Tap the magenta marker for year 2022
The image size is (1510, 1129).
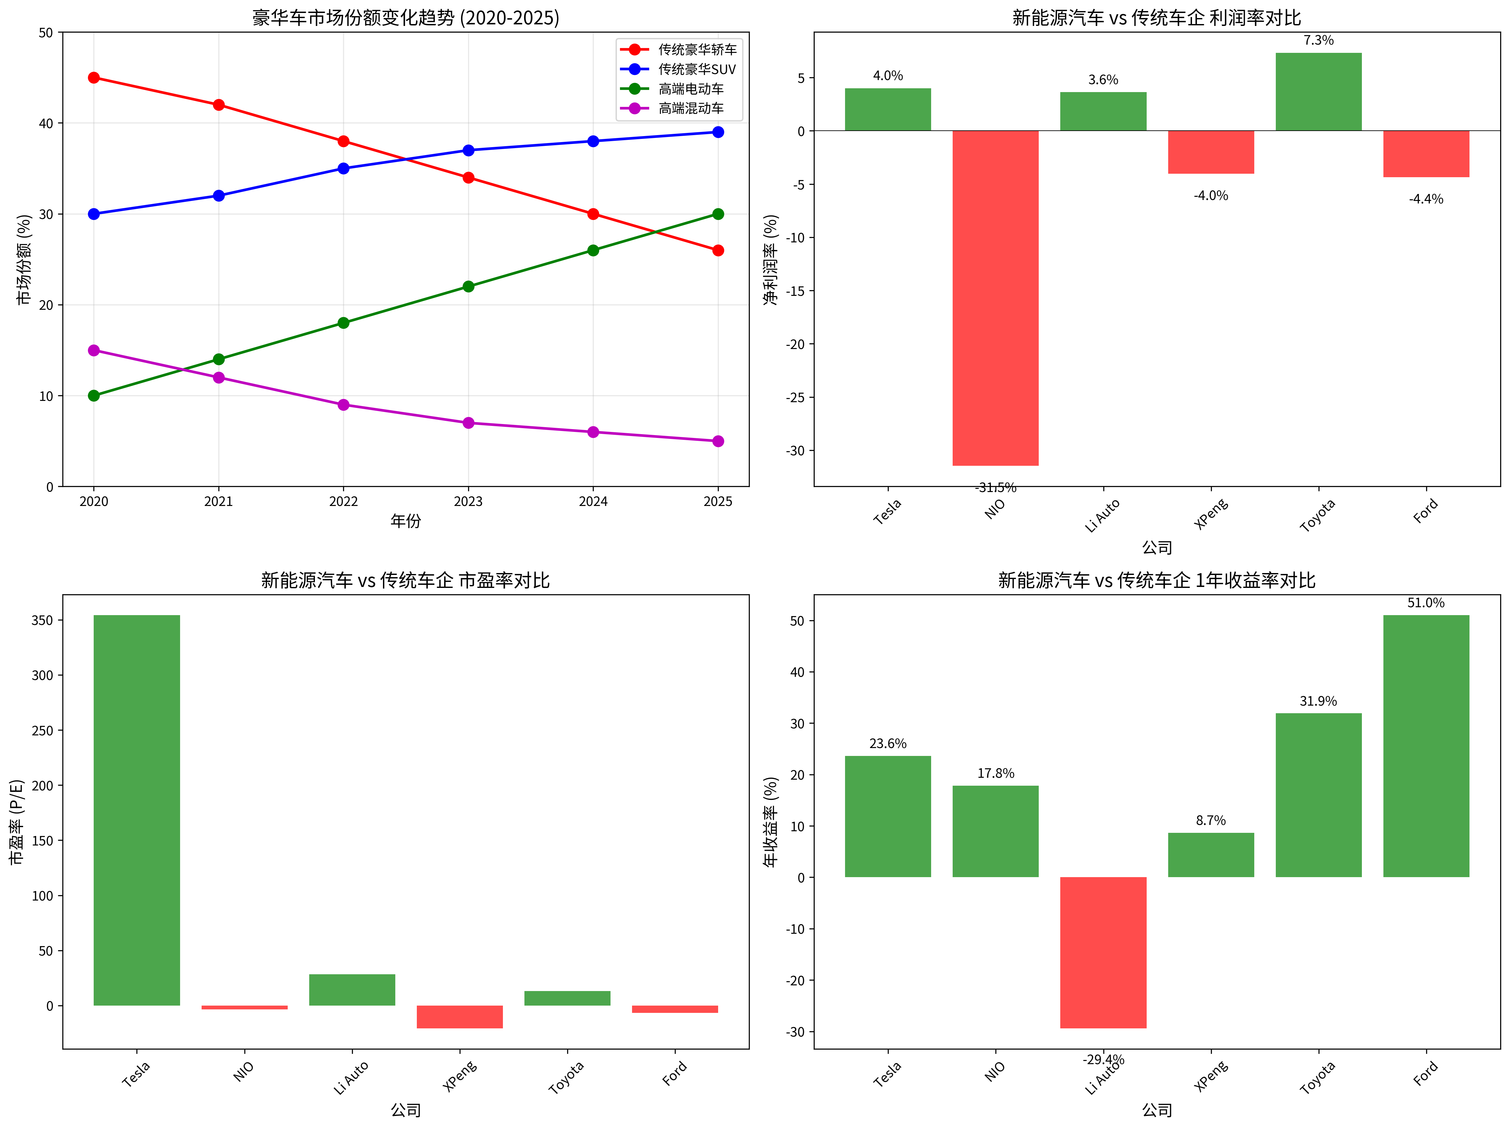point(343,405)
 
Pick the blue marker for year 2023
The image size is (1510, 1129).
point(468,150)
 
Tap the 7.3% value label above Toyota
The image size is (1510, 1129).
point(1318,40)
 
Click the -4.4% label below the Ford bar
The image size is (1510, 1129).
point(1426,199)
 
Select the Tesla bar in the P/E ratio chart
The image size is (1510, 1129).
point(136,810)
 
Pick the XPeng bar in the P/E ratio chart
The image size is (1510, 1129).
point(460,1016)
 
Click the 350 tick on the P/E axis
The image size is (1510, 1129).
point(42,621)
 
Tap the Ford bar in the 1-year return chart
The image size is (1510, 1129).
point(1426,746)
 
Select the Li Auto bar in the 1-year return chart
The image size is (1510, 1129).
point(1103,952)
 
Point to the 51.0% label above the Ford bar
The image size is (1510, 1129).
point(1426,603)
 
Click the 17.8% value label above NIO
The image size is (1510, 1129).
point(995,773)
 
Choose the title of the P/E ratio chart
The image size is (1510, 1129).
point(405,580)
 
